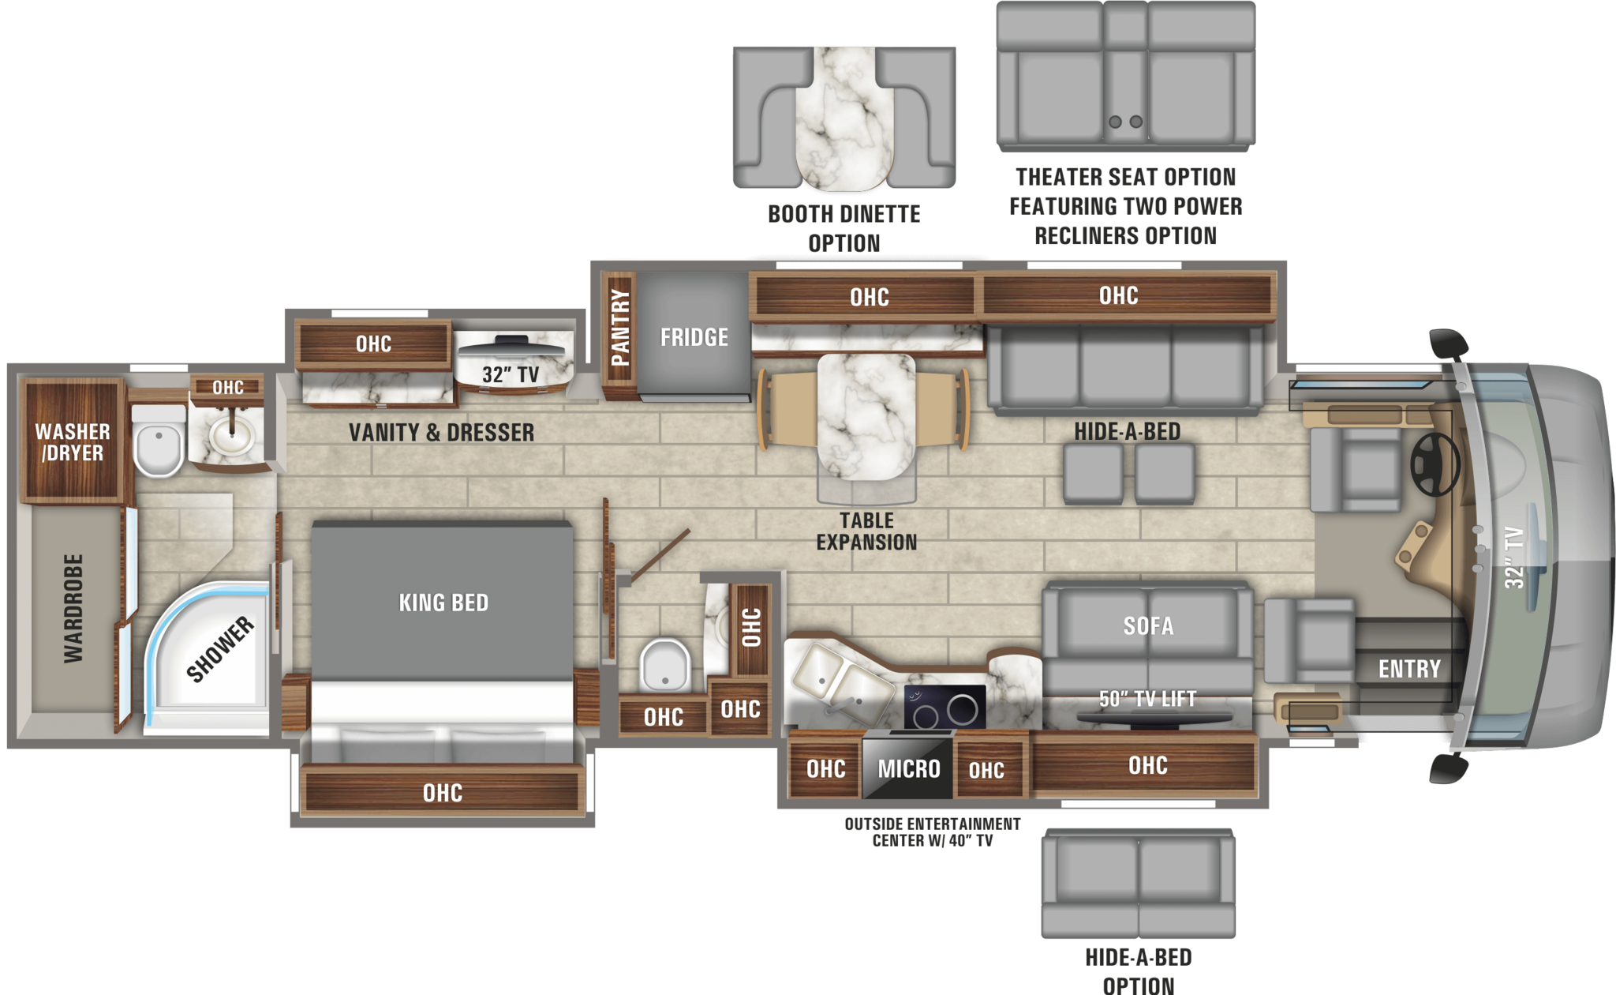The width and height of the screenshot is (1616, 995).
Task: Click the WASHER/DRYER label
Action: click(72, 442)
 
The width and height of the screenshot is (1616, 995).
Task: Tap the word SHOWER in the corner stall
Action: click(219, 649)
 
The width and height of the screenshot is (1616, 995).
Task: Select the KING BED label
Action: click(443, 603)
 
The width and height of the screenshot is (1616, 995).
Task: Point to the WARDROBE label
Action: click(73, 608)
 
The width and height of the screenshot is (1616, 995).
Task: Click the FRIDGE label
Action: click(694, 337)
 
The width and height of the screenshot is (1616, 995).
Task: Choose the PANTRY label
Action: click(620, 328)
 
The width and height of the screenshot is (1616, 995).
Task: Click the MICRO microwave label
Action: click(909, 768)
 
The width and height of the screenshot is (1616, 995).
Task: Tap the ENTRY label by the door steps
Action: click(1409, 669)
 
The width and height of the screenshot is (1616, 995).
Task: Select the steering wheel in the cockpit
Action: click(1435, 464)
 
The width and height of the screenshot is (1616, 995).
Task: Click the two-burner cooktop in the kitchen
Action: click(945, 707)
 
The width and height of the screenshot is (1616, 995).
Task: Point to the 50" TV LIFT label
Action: click(1147, 698)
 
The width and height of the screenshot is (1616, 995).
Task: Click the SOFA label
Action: click(1148, 626)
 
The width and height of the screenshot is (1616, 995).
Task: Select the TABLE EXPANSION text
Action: click(866, 531)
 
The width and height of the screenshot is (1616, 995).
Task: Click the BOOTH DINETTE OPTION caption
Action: click(844, 228)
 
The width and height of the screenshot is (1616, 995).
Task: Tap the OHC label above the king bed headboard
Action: click(442, 793)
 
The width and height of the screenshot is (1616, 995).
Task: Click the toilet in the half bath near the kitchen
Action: click(664, 665)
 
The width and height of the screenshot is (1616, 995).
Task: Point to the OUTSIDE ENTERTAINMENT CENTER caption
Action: click(932, 832)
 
